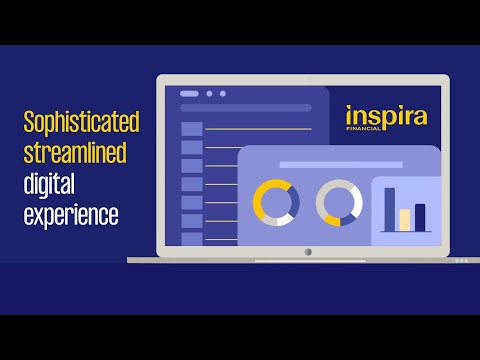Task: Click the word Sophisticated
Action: pyautogui.click(x=81, y=124)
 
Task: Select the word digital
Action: pyautogui.click(x=50, y=184)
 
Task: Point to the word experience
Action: pyautogui.click(x=72, y=215)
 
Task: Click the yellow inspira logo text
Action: pyautogui.click(x=386, y=115)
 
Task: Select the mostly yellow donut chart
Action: pyautogui.click(x=276, y=203)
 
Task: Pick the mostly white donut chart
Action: pyautogui.click(x=339, y=203)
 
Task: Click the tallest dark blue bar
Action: pyautogui.click(x=390, y=208)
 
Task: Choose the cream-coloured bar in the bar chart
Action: pyautogui.click(x=405, y=220)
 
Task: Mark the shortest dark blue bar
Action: pyautogui.click(x=420, y=217)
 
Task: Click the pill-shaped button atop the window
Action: pyautogui.click(x=188, y=94)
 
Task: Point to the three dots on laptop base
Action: pyautogui.click(x=461, y=261)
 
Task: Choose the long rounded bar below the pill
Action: pyautogui.click(x=245, y=108)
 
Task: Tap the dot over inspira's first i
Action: pyautogui.click(x=349, y=105)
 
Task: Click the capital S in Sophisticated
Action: pyautogui.click(x=29, y=124)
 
